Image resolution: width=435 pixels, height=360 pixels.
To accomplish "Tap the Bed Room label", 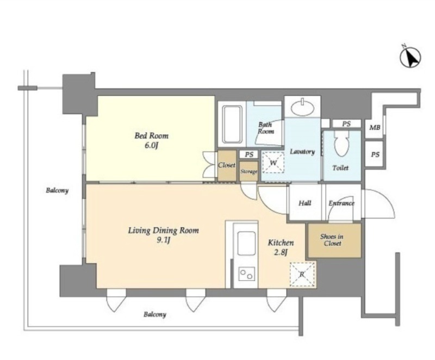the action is click(x=152, y=135).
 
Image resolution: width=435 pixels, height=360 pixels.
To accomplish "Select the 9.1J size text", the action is click(x=163, y=240).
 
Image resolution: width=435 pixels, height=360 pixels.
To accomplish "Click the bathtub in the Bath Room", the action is click(x=232, y=124).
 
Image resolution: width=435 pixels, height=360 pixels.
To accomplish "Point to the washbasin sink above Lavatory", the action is click(x=303, y=107).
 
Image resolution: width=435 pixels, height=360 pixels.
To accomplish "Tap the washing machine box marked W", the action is click(x=273, y=163).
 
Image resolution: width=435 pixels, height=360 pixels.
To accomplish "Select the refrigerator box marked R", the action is click(x=302, y=275).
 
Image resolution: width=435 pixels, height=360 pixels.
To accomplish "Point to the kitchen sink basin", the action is click(x=246, y=243).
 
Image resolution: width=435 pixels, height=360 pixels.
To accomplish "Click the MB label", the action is click(x=375, y=128).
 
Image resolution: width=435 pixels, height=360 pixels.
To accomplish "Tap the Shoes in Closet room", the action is click(x=334, y=240).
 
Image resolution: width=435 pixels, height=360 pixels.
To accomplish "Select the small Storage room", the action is click(x=248, y=171).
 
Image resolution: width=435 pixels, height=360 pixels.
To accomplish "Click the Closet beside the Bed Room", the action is click(x=227, y=165).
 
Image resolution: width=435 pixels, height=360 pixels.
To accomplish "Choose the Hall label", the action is click(x=304, y=203).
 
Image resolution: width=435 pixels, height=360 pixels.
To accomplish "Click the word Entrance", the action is click(x=341, y=203).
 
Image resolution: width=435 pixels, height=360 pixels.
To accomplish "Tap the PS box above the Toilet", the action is click(x=346, y=123).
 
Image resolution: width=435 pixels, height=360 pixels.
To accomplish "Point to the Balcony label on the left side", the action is click(x=57, y=190).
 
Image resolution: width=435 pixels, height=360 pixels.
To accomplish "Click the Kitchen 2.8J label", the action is click(x=281, y=247).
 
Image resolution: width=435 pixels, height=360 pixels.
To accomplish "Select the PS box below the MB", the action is click(x=375, y=154).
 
